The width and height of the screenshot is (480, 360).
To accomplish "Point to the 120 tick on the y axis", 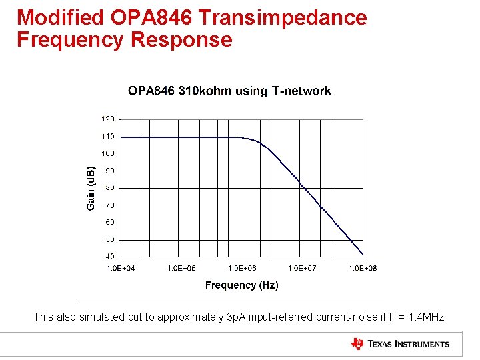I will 107,119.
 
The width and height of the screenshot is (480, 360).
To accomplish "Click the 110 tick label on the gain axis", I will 107,137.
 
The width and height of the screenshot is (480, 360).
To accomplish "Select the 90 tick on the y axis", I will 110,171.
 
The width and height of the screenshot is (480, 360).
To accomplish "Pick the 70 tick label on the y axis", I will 110,205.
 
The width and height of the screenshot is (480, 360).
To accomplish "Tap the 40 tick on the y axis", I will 110,257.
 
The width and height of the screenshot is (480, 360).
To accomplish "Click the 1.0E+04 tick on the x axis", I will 121,268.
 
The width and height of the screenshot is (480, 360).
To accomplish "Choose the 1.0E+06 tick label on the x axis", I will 242,268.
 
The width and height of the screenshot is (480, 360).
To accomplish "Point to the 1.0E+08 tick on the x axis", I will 363,268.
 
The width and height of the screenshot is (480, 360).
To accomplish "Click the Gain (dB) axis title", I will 91,188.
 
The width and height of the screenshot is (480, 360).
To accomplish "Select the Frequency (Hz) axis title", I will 241,285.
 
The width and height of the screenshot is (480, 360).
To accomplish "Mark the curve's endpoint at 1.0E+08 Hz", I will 363,253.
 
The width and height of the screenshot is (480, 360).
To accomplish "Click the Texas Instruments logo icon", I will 357,344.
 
